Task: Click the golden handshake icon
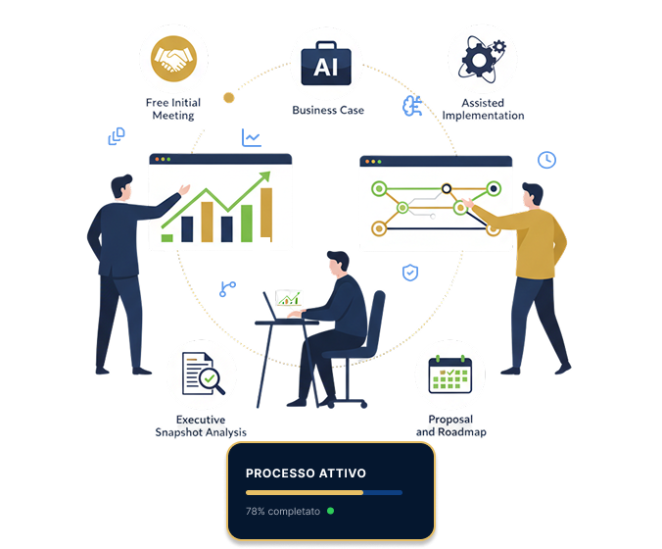[173, 59]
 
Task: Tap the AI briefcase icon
[326, 64]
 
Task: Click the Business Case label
[328, 111]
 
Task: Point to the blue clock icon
[546, 160]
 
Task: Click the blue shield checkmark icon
[410, 273]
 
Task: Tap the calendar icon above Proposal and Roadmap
[450, 374]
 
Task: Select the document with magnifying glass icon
[203, 374]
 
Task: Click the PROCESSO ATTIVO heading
[306, 473]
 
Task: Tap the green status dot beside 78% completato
[331, 511]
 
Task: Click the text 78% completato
[283, 512]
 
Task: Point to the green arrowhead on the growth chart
[264, 175]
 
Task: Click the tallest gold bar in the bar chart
[266, 214]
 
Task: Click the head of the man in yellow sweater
[533, 196]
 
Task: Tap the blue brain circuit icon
[412, 106]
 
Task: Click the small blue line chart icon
[252, 138]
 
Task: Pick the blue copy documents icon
[117, 136]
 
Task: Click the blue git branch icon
[227, 289]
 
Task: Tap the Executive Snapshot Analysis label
[201, 426]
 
